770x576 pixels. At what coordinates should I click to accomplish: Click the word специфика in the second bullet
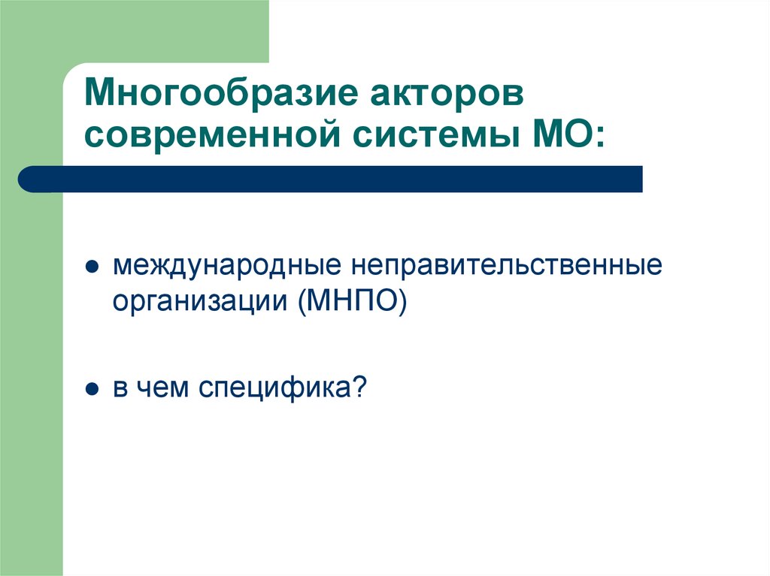click(275, 390)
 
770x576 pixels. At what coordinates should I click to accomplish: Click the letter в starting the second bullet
click(120, 391)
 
